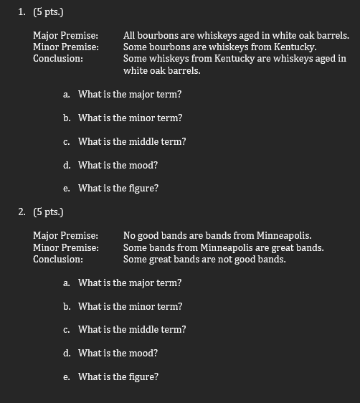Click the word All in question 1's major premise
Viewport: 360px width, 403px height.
click(x=129, y=35)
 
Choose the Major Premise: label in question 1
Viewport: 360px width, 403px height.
click(x=66, y=35)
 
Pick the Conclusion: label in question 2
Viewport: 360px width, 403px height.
click(x=58, y=259)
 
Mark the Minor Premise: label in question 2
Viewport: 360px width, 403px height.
click(x=66, y=247)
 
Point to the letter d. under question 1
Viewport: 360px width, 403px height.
click(x=66, y=165)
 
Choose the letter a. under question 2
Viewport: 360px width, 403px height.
click(x=66, y=283)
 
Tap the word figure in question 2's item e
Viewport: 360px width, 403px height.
click(x=143, y=376)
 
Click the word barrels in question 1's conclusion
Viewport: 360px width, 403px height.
click(x=184, y=71)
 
